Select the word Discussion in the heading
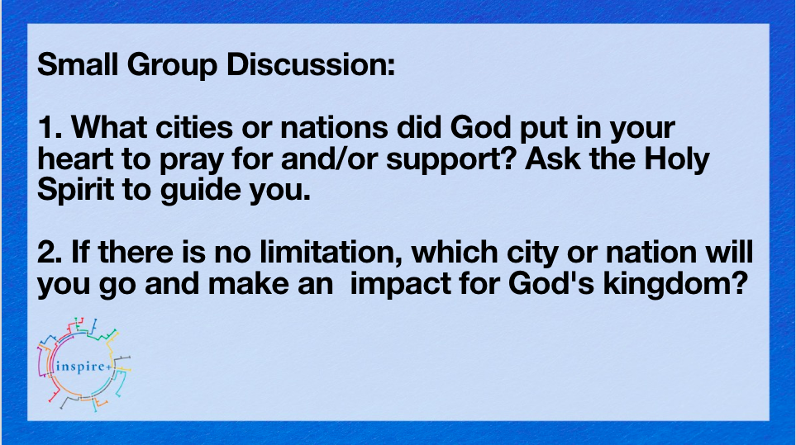pyautogui.click(x=310, y=64)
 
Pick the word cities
pyautogui.click(x=194, y=127)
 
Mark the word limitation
pyautogui.click(x=331, y=252)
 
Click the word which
pyautogui.click(x=455, y=252)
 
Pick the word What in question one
pyautogui.click(x=109, y=127)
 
